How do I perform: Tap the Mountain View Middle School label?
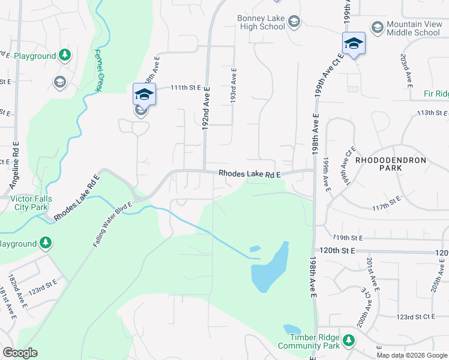pyautogui.click(x=413, y=28)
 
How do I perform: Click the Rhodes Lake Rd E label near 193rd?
pyautogui.click(x=250, y=174)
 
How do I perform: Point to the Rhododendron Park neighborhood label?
pyautogui.click(x=390, y=165)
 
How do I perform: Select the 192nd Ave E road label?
pyautogui.click(x=206, y=108)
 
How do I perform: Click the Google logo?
pyautogui.click(x=19, y=353)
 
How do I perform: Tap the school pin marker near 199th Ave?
pyautogui.click(x=354, y=44)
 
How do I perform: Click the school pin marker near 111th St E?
pyautogui.click(x=144, y=95)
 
